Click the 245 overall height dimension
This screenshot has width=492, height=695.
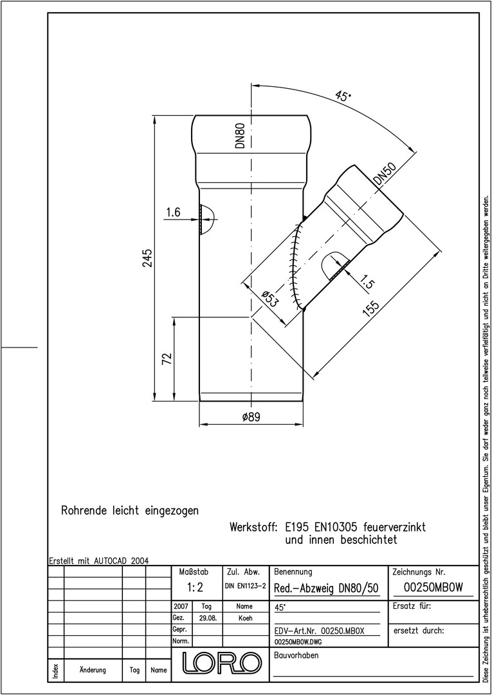tap(148, 258)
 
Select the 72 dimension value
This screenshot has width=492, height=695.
tap(167, 358)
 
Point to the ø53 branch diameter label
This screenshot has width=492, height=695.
tap(269, 299)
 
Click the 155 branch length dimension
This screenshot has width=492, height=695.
tap(371, 309)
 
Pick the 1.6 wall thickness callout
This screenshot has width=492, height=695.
tap(173, 213)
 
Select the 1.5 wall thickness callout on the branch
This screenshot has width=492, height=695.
tap(367, 282)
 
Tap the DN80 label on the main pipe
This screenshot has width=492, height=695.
tap(240, 136)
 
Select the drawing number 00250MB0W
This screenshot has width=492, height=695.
tap(433, 588)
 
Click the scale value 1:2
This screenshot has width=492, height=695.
tap(194, 588)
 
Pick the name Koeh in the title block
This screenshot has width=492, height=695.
tap(244, 618)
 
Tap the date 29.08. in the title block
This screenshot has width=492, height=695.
tap(206, 618)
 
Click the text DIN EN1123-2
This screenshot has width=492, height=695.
tap(245, 586)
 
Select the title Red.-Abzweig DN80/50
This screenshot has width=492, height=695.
tap(326, 588)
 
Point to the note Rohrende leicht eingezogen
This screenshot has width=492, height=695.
tap(130, 511)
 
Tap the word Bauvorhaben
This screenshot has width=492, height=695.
tap(296, 655)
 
